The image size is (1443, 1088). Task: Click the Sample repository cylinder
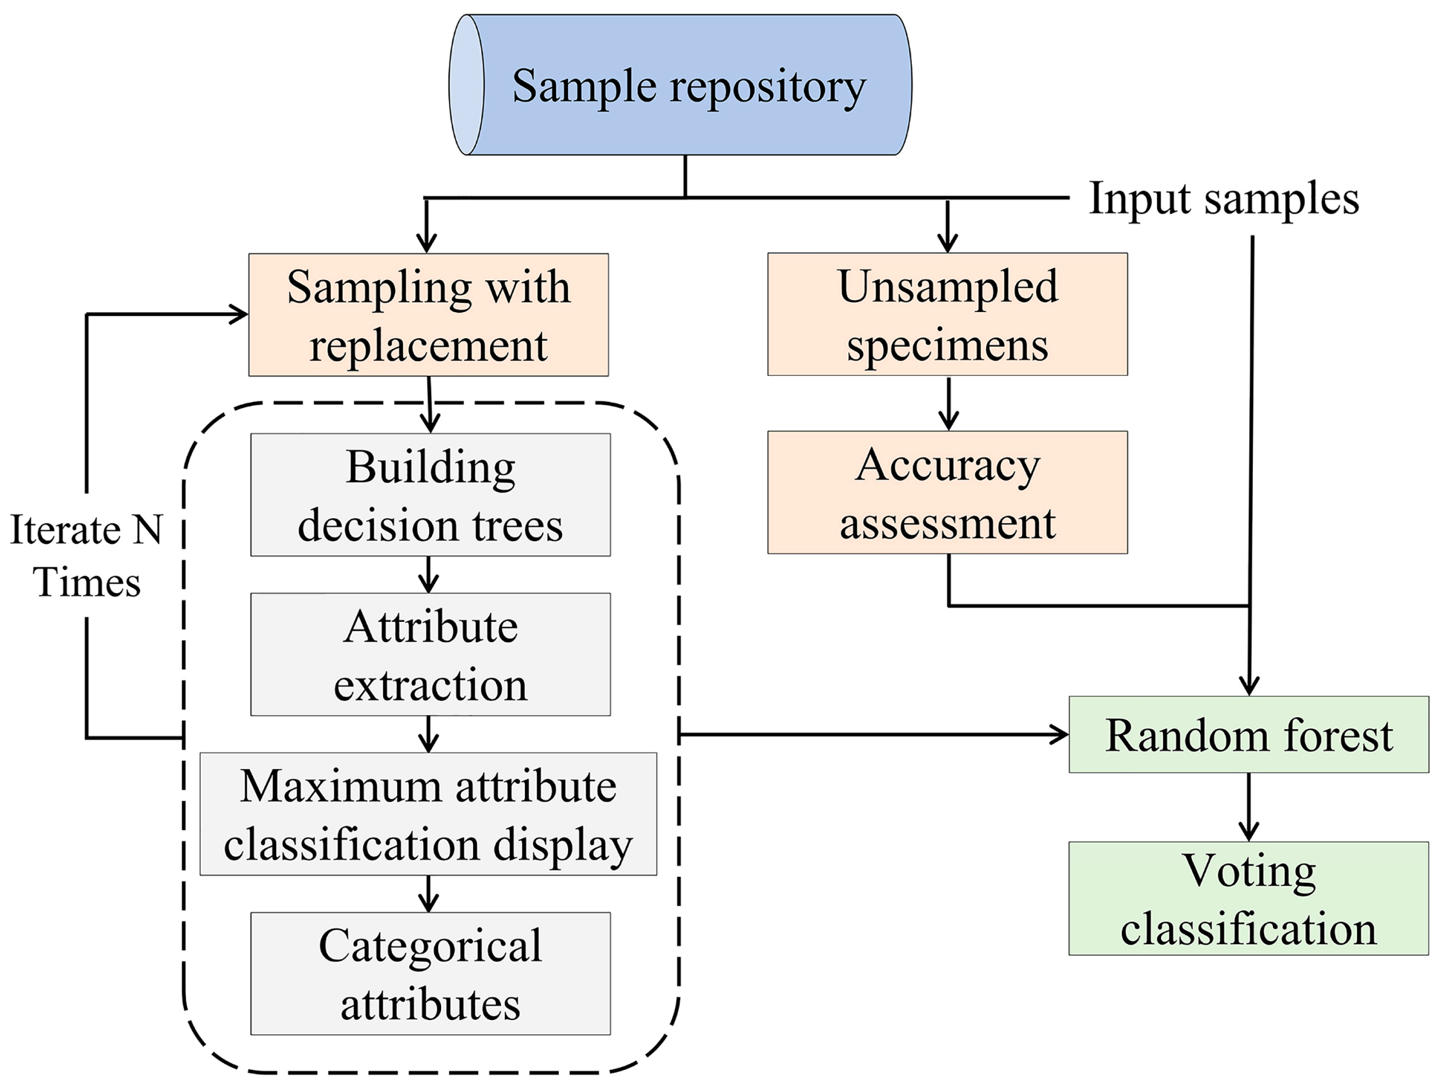click(x=680, y=85)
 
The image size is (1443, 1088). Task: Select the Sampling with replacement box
click(x=429, y=315)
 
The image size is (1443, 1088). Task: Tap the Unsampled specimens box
click(x=947, y=314)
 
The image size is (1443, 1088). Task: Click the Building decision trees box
click(x=431, y=495)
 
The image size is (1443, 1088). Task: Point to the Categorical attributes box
click(x=431, y=974)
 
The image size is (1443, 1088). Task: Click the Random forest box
click(x=1248, y=735)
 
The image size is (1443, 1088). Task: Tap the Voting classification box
click(x=1248, y=899)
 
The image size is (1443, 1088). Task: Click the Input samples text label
click(x=1224, y=198)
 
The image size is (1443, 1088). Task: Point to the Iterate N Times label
click(x=86, y=555)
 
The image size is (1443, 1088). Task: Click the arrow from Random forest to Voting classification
click(x=1248, y=807)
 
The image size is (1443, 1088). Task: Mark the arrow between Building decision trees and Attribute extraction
click(x=429, y=575)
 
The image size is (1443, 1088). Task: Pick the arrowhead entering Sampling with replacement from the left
click(x=239, y=314)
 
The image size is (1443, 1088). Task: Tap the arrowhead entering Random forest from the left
click(x=1060, y=735)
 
